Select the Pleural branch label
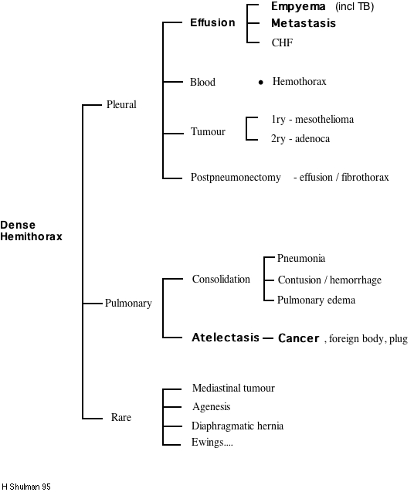pos(120,104)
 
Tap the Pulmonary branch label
pos(128,304)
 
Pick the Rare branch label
pos(120,418)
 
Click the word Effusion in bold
pos(212,22)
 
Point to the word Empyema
pos(298,6)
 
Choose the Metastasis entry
pos(304,23)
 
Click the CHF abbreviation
pos(282,42)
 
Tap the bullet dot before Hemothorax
pos(261,82)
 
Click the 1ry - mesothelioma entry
pos(312,120)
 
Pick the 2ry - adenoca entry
pos(300,139)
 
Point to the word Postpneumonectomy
pos(236,178)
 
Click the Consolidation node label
pos(221,279)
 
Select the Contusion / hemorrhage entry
pos(329,280)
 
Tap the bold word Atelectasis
pos(226,338)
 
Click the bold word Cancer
pos(298,338)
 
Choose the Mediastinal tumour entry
pos(233,389)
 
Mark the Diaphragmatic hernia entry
pos(237,426)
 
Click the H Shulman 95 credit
pos(26,487)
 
